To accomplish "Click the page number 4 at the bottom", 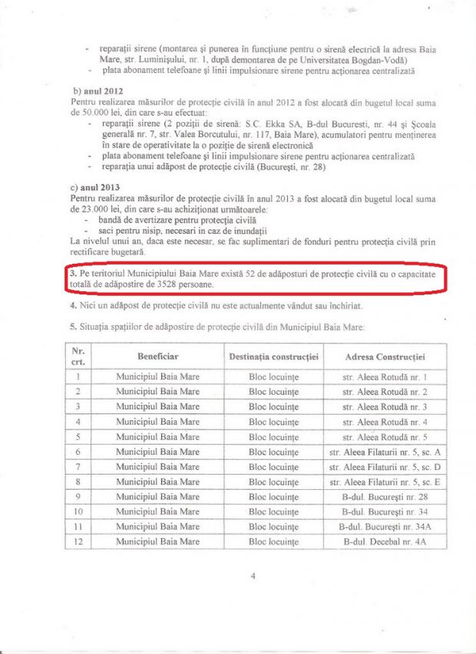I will (x=253, y=577).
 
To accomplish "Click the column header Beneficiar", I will (x=157, y=357).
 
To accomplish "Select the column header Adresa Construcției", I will (x=385, y=357).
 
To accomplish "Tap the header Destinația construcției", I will (x=273, y=357).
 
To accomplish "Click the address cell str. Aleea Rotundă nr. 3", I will (x=385, y=406).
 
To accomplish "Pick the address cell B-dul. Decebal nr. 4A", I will (x=385, y=542).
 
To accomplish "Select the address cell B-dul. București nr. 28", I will (x=385, y=497).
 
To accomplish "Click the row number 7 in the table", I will (x=78, y=467).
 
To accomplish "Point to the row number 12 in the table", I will (x=78, y=542).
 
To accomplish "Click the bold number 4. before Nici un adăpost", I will (x=72, y=305).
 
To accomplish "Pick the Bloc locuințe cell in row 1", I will (x=273, y=376).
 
